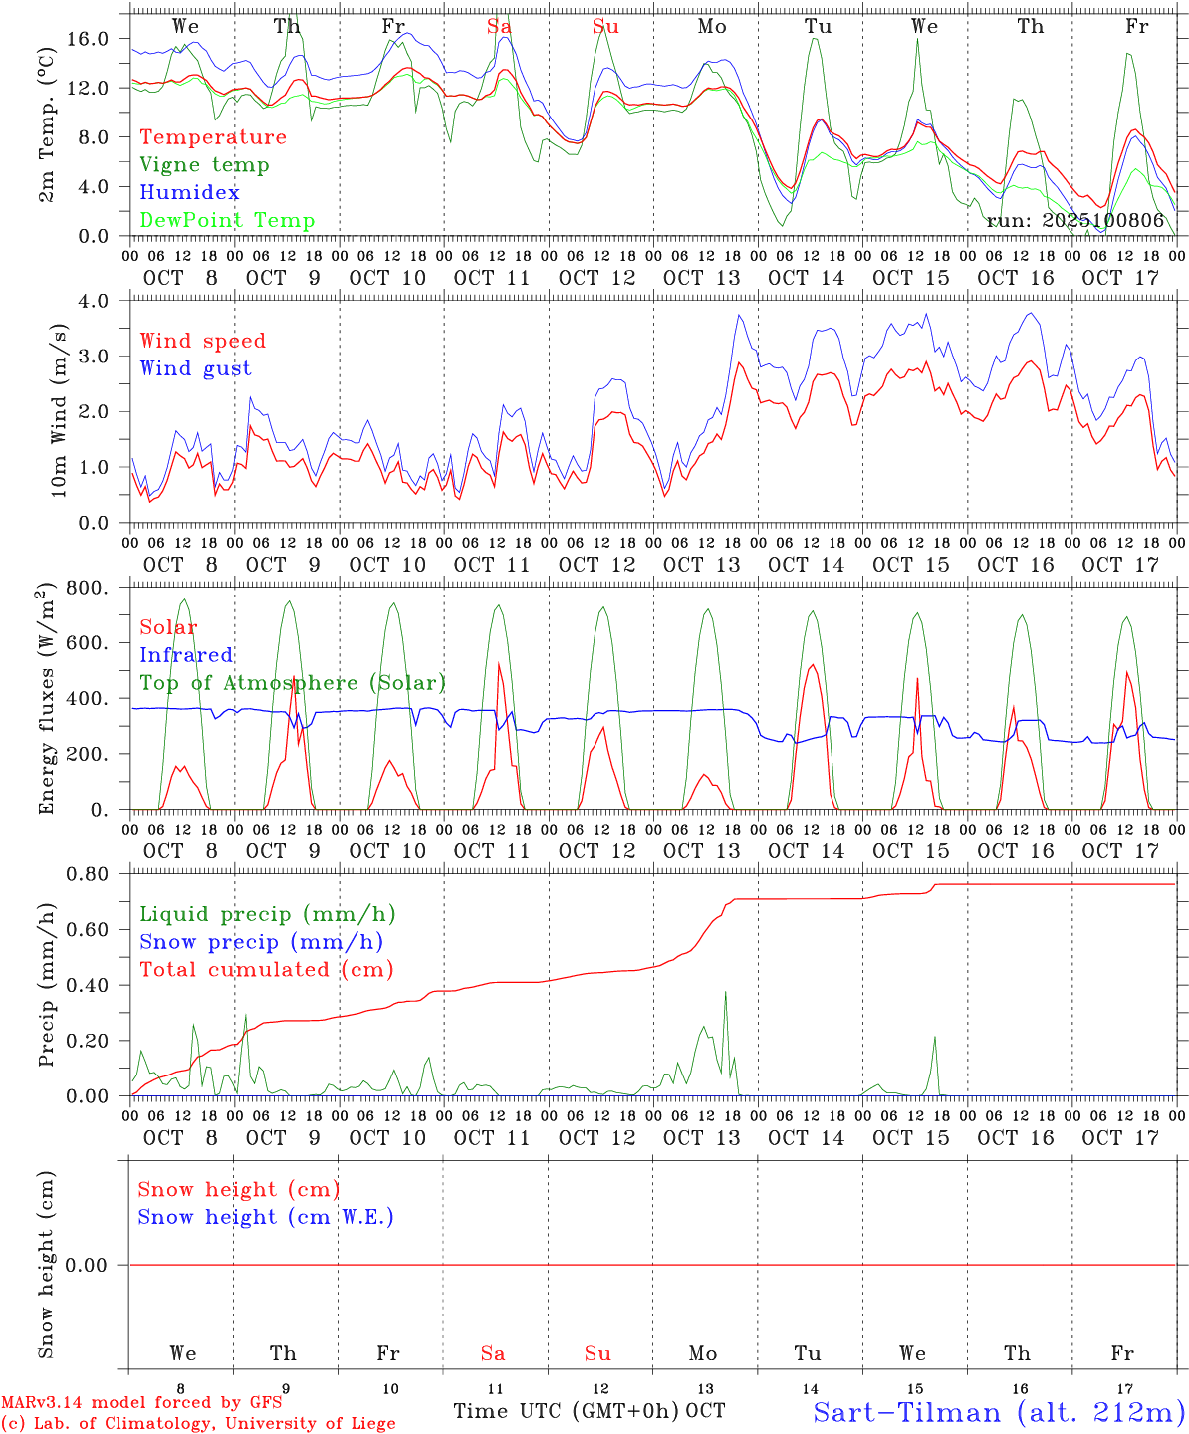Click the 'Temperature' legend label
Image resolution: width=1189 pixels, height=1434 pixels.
point(213,137)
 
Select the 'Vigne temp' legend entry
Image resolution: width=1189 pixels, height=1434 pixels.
point(204,165)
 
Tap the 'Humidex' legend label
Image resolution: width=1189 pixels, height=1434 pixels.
point(189,193)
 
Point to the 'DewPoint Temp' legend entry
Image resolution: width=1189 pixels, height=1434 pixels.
point(227,221)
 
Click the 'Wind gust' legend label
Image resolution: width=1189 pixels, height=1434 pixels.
point(195,368)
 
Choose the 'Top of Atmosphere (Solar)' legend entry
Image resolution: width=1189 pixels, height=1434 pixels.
point(293,683)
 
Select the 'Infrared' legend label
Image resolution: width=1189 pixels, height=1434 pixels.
point(186,655)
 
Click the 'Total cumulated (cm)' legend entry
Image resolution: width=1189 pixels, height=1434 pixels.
point(266,970)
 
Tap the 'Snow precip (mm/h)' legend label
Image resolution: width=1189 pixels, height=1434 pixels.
point(261,942)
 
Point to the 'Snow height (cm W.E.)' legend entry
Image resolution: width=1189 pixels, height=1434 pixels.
point(266,1217)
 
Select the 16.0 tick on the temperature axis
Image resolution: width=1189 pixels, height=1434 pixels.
point(94,38)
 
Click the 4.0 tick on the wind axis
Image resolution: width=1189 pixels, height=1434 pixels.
point(99,300)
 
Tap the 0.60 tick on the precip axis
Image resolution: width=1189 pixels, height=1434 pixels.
point(94,930)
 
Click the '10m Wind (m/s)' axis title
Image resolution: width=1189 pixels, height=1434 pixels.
point(58,410)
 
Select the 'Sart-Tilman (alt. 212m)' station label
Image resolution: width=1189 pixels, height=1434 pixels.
point(999,1412)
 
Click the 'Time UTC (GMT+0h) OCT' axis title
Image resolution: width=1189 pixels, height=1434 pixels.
point(590,1411)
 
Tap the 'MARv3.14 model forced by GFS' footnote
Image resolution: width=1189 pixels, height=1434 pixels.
point(141,1403)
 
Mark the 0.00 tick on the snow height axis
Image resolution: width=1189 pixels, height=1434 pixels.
point(94,1265)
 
